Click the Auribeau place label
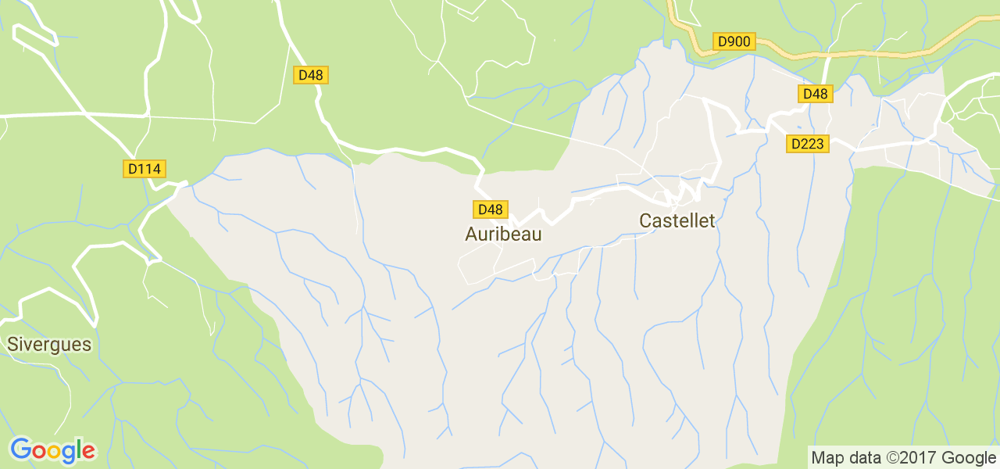click(x=503, y=234)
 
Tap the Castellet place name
click(x=677, y=220)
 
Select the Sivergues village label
click(x=49, y=345)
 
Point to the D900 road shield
click(x=734, y=41)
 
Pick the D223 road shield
click(x=807, y=144)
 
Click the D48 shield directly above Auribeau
click(x=490, y=209)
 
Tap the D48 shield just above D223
click(x=815, y=94)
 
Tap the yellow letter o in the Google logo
click(x=55, y=452)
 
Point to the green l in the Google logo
click(x=79, y=449)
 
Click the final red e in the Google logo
click(x=88, y=452)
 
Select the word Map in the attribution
click(x=826, y=458)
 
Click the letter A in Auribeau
click(x=471, y=234)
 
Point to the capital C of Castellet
click(x=645, y=220)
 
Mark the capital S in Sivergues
click(x=12, y=345)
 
